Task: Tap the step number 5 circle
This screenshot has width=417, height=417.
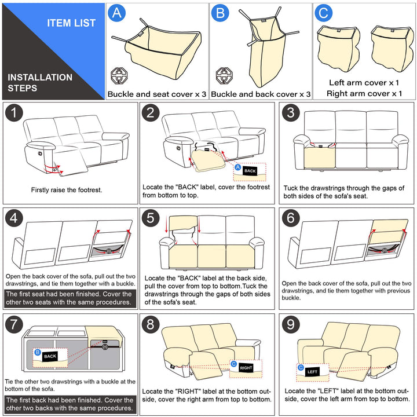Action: pos(152,219)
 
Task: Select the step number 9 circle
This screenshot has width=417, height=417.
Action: pos(292,324)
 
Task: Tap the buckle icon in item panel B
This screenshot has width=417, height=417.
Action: pos(224,74)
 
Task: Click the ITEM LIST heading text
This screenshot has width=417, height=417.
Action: pos(71,23)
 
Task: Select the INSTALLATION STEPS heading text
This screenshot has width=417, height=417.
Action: pos(40,83)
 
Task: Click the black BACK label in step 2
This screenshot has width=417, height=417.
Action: pos(250,171)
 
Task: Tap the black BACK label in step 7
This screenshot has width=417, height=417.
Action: pos(50,357)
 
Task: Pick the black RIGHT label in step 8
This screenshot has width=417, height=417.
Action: pos(246,368)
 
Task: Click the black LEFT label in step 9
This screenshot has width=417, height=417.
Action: pos(313,371)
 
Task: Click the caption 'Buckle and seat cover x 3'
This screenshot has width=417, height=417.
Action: pos(156,94)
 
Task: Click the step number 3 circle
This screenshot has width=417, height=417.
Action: pos(292,114)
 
